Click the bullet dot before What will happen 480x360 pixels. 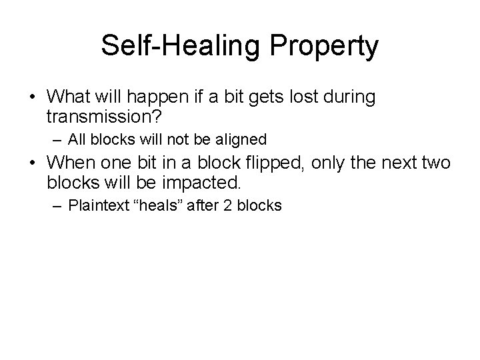coord(33,98)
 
